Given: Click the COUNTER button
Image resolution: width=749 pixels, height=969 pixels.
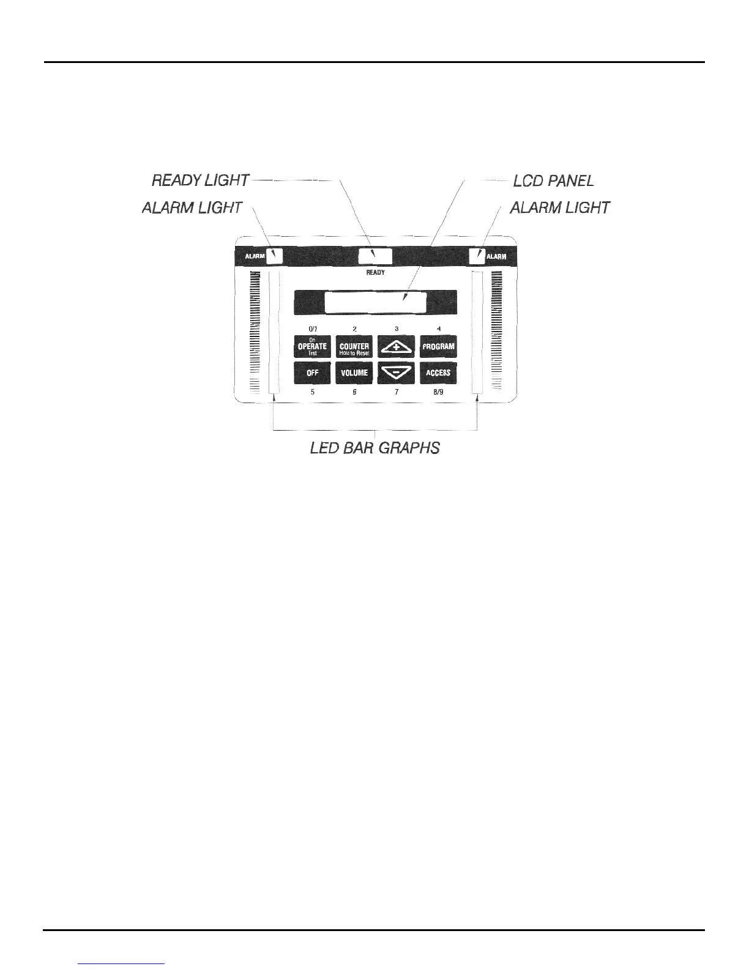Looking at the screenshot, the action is (354, 346).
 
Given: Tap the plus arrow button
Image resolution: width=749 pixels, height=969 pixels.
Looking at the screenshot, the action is (397, 346).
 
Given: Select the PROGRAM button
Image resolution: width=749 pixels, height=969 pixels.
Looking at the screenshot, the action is (438, 346).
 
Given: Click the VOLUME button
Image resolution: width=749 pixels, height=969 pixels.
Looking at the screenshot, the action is (354, 373).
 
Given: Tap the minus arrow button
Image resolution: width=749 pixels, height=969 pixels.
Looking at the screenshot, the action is (397, 373).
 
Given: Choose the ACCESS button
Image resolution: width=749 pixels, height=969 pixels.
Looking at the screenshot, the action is (438, 373).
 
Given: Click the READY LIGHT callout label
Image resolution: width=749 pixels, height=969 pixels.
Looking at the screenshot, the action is (200, 180).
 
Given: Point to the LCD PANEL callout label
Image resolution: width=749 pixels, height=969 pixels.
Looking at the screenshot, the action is (553, 181).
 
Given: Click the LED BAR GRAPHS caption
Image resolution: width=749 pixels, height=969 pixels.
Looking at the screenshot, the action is (374, 448).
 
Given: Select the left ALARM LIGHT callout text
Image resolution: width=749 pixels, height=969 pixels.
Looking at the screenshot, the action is (192, 208).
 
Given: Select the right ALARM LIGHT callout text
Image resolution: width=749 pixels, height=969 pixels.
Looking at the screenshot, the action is (559, 208).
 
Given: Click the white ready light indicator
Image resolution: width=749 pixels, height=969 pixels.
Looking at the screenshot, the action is (374, 256).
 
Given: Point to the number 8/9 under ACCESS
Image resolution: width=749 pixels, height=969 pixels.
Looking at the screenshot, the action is (438, 392).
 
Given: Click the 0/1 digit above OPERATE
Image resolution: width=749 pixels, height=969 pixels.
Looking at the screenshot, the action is (312, 329).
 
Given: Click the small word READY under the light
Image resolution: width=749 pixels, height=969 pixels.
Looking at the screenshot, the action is (375, 272).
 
